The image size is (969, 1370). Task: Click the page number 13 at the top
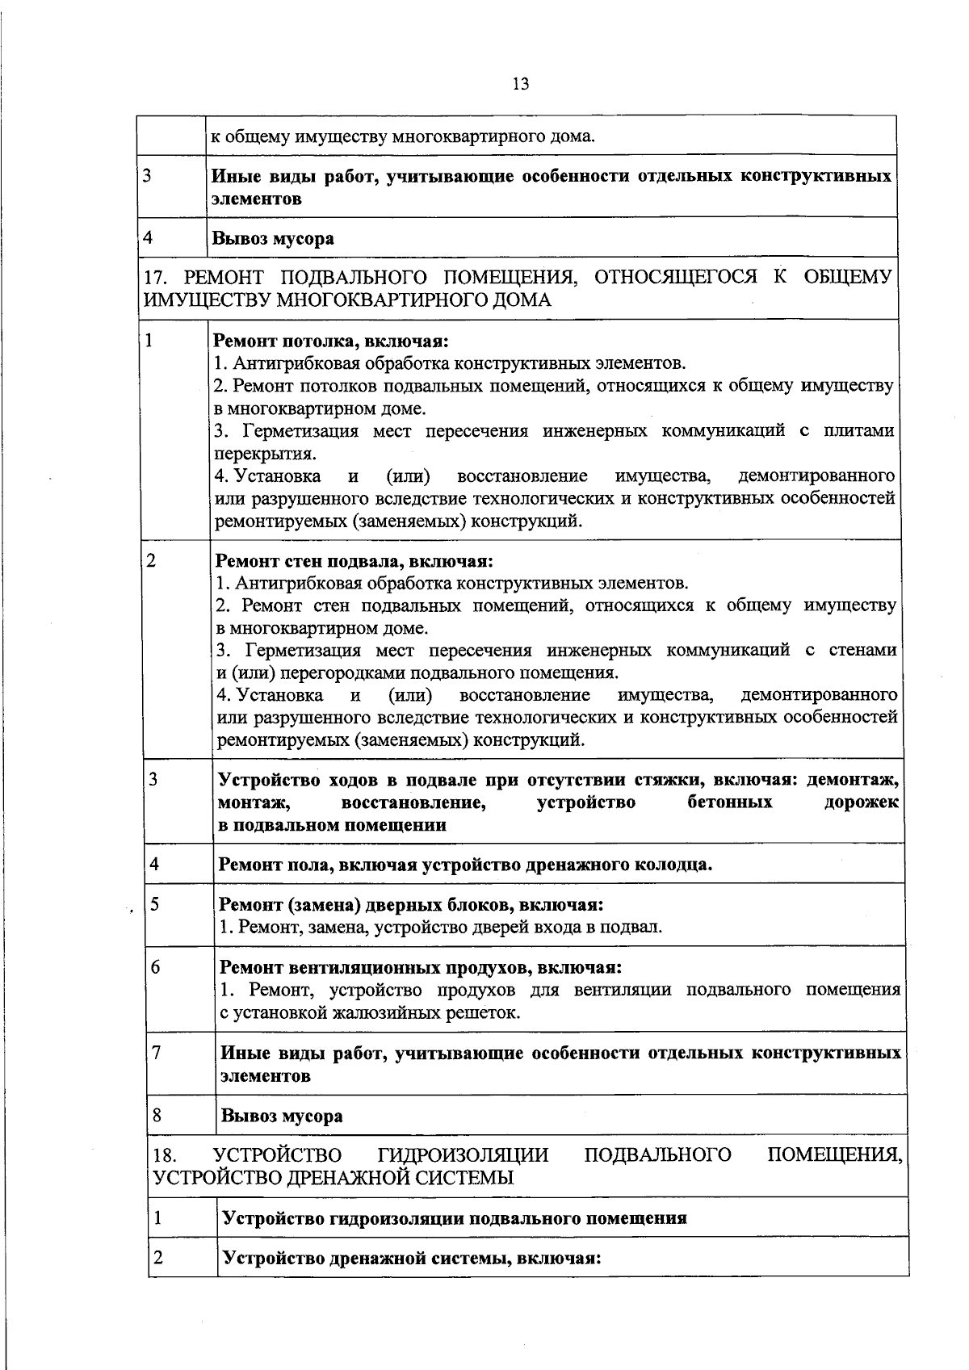pos(520,84)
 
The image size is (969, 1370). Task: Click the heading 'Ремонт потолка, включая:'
pos(330,341)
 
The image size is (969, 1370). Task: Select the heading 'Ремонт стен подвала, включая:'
pos(354,560)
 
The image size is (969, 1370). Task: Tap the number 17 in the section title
pos(153,279)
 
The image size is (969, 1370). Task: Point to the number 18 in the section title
pos(164,1156)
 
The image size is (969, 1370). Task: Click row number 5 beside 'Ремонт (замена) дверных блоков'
pos(155,903)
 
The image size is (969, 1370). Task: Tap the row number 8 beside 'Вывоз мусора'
pos(157,1116)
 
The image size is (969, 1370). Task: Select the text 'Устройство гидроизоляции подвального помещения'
pos(454,1218)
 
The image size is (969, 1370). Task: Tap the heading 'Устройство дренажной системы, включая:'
pos(412,1258)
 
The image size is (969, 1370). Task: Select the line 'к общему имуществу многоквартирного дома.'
pos(402,136)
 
